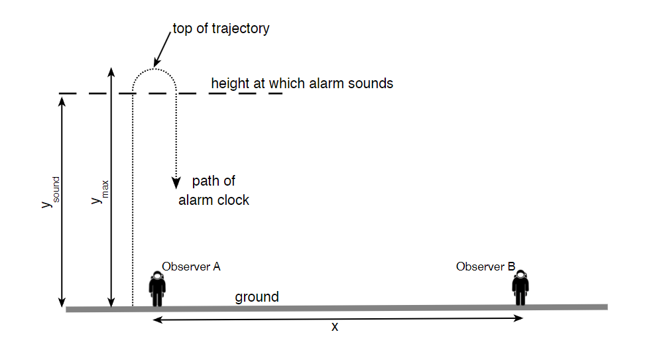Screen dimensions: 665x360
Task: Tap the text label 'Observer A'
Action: (191, 267)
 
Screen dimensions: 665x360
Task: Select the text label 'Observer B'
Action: (485, 267)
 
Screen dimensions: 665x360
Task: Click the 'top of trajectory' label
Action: (221, 29)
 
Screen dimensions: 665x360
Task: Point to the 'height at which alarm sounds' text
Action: (302, 84)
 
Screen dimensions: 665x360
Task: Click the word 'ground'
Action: (257, 296)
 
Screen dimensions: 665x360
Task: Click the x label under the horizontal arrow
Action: (335, 326)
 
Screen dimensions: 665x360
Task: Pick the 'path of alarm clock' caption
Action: (213, 190)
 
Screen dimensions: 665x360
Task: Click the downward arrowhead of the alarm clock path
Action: (176, 182)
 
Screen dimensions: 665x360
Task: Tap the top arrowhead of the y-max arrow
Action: (111, 72)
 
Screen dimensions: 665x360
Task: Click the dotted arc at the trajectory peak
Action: (154, 69)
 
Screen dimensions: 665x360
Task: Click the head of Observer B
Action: (521, 274)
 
